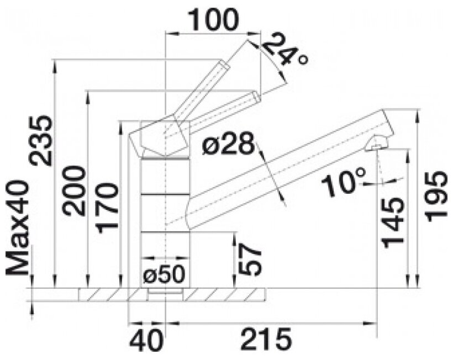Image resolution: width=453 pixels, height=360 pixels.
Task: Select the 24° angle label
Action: point(285,50)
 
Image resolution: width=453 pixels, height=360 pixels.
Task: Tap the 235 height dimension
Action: point(42,141)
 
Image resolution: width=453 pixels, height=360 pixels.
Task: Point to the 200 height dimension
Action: point(75,191)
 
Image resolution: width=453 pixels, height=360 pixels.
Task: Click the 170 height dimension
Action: point(107,208)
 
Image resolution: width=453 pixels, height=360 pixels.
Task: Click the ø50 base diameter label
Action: point(164,274)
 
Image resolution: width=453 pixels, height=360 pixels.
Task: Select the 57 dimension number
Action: point(251,259)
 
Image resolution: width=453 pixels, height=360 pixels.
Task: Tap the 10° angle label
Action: point(343,182)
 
